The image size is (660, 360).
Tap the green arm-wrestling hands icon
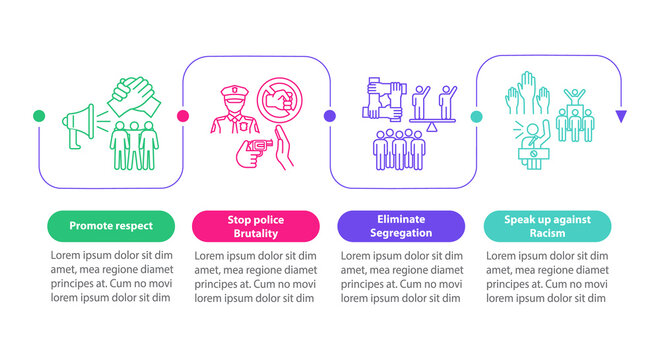(x=131, y=98)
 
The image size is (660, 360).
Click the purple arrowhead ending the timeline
(x=621, y=117)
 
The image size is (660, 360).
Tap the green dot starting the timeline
(x=38, y=117)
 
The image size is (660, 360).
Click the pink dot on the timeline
(x=183, y=117)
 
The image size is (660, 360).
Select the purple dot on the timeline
(x=330, y=117)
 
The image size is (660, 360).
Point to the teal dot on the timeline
(x=477, y=117)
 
